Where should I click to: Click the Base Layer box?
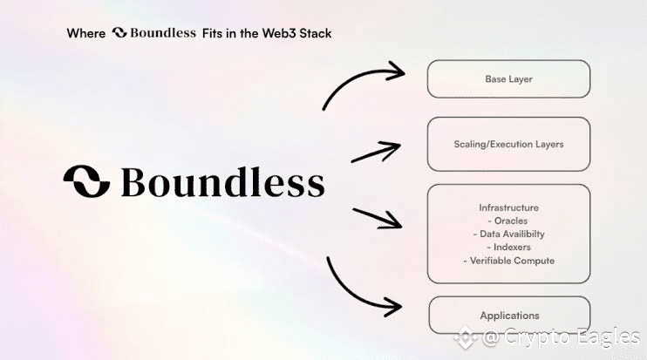[508, 78]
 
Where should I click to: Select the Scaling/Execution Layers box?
[508, 144]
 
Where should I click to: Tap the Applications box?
[509, 315]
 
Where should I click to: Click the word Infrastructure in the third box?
[508, 207]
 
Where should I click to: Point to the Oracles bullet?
[507, 221]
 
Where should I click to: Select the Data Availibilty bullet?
[508, 234]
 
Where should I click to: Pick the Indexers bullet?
[508, 247]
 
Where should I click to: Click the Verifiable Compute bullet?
[508, 261]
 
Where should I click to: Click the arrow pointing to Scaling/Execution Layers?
[376, 152]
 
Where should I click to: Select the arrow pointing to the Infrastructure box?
[378, 218]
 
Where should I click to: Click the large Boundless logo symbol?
[86, 181]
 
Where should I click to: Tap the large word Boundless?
[223, 182]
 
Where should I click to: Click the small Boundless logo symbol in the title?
[119, 32]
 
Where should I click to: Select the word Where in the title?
[86, 33]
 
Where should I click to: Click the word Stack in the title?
[316, 33]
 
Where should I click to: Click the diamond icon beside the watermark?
[466, 337]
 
